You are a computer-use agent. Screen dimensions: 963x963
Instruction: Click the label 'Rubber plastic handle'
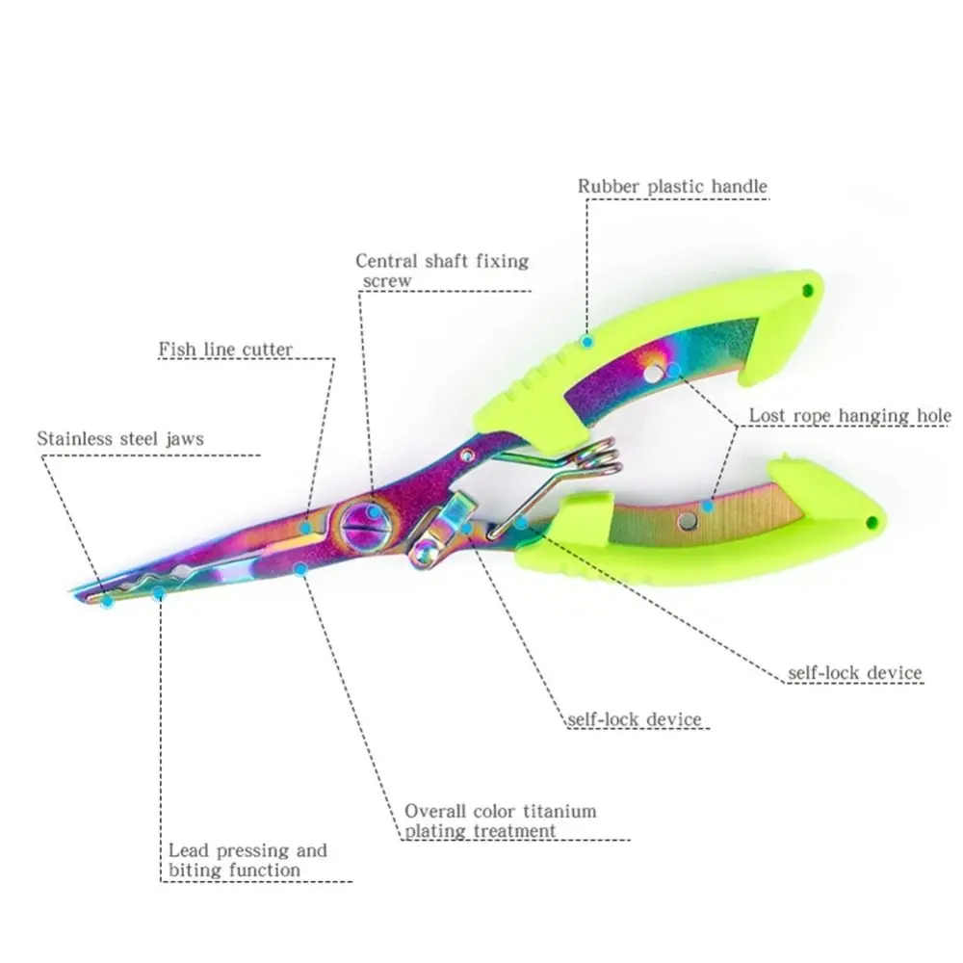point(672,186)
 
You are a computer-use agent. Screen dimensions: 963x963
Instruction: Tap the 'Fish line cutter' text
point(225,349)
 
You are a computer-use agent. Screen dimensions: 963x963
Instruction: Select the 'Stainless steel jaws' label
point(120,439)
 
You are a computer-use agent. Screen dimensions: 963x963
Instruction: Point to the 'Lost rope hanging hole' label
point(850,416)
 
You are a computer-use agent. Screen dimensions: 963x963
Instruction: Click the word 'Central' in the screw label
point(387,261)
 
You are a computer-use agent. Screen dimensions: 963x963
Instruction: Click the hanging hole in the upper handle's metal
point(655,371)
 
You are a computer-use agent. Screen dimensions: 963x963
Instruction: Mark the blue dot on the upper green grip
point(586,340)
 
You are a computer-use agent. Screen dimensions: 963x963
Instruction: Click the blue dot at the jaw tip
point(108,602)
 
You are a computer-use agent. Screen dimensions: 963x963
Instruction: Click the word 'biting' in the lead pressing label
point(194,871)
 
